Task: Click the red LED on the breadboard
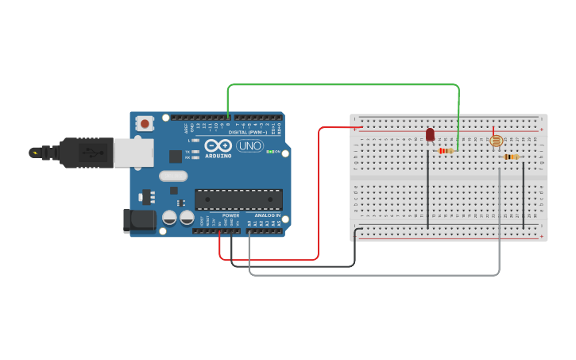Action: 430,134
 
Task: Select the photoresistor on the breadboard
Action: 496,141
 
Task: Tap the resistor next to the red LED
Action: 446,150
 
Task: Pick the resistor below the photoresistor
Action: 511,157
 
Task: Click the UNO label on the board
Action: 249,145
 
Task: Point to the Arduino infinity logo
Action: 218,145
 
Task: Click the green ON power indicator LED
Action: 270,152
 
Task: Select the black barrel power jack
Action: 139,221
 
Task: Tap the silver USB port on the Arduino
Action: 133,153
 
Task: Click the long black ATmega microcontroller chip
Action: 238,199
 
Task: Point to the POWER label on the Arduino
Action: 231,215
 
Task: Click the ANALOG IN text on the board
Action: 267,215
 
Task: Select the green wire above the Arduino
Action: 342,84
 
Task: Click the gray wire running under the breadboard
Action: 373,275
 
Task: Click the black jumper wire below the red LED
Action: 428,191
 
